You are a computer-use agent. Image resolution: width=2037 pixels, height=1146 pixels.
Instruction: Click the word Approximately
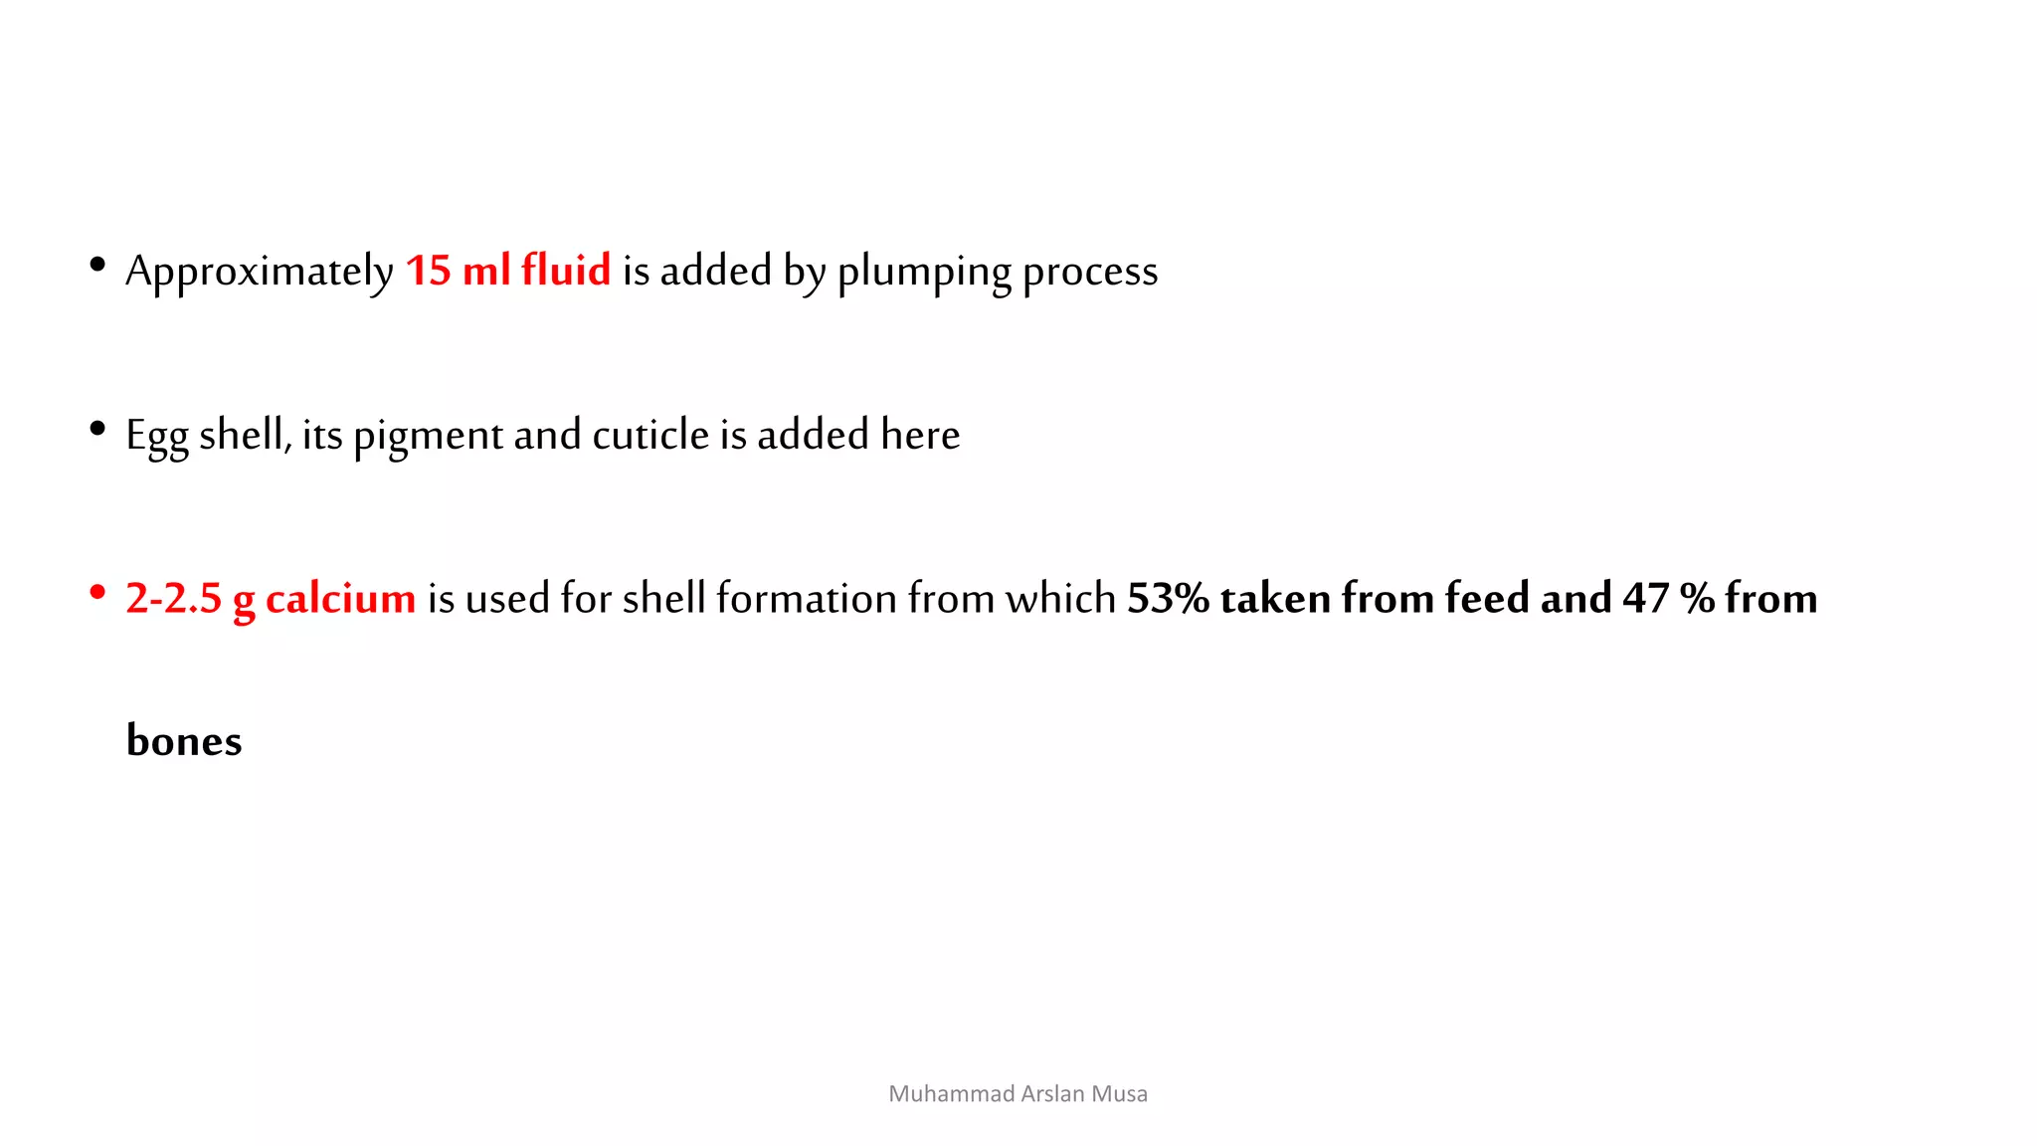[259, 272]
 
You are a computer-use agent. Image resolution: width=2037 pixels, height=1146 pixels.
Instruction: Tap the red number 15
[428, 271]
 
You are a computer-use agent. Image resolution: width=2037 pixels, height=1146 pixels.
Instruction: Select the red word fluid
[566, 270]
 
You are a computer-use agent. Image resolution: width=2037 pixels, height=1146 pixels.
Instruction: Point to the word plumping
[924, 272]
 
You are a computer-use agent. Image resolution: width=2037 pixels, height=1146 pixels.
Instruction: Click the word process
[1090, 272]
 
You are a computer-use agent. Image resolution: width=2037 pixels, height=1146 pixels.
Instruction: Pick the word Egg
[156, 436]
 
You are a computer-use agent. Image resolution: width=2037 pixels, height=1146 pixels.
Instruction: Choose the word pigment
[428, 436]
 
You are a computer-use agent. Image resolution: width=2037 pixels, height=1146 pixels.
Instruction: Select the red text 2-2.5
[173, 599]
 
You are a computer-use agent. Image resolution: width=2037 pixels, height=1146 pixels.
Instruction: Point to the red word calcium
[340, 599]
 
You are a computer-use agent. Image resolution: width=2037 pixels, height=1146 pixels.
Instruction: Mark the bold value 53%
[1168, 599]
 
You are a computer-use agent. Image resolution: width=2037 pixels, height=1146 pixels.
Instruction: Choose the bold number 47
[1645, 599]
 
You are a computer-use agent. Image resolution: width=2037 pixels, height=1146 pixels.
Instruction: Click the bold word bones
[184, 741]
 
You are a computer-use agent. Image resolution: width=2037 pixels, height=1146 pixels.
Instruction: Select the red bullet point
[97, 593]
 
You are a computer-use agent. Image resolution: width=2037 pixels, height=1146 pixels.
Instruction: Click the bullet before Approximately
[97, 265]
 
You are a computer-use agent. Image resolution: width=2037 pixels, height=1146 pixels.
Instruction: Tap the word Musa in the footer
[1119, 1094]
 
